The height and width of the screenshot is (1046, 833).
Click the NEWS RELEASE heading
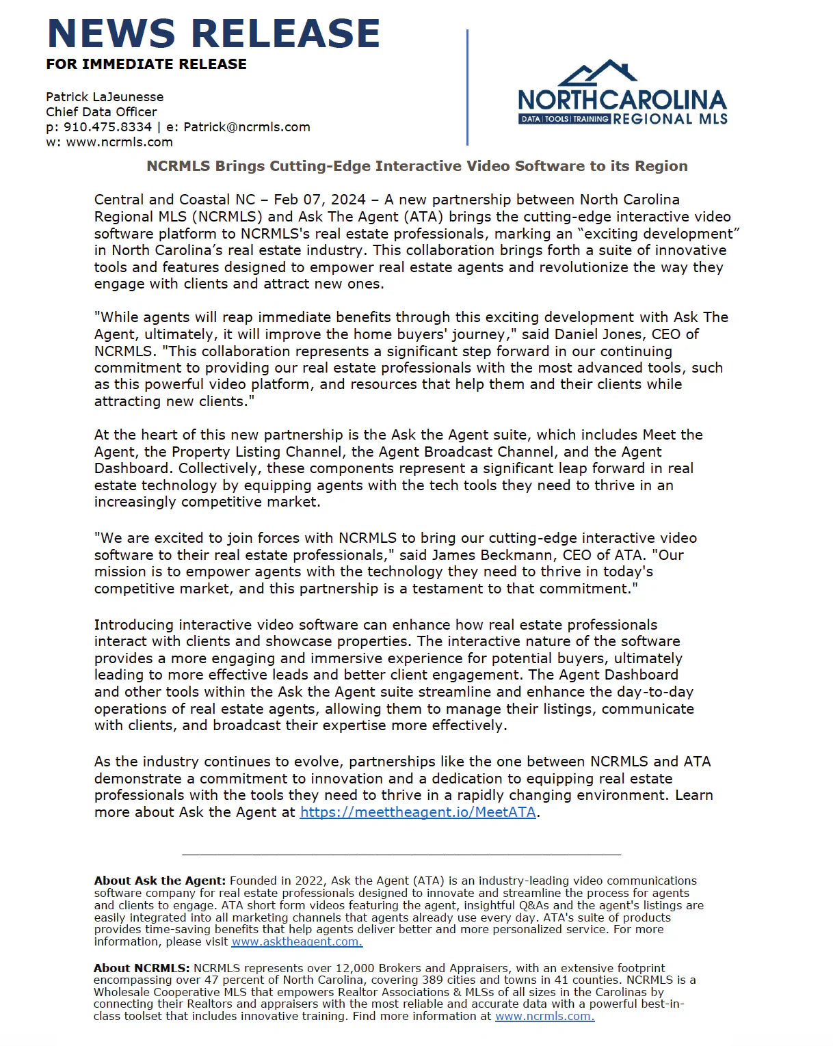pos(213,33)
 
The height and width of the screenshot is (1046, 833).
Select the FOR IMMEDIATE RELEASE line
pos(146,64)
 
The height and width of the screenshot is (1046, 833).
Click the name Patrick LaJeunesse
pos(105,97)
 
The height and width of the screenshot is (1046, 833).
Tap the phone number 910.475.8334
pos(107,127)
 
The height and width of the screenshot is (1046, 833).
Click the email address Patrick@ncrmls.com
pos(247,127)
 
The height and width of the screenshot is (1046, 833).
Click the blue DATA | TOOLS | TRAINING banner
pos(564,119)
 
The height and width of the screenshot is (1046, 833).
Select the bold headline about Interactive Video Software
pos(417,166)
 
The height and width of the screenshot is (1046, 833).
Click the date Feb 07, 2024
pos(319,200)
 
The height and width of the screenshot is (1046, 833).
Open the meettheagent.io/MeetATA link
pos(418,812)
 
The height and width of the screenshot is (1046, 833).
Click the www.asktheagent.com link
pos(297,941)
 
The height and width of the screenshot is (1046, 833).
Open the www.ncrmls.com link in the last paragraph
pos(544,1016)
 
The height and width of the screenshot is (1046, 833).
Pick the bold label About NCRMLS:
pos(142,968)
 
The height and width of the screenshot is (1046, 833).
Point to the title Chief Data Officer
pos(101,112)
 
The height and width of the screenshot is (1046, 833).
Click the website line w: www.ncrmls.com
pos(109,142)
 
